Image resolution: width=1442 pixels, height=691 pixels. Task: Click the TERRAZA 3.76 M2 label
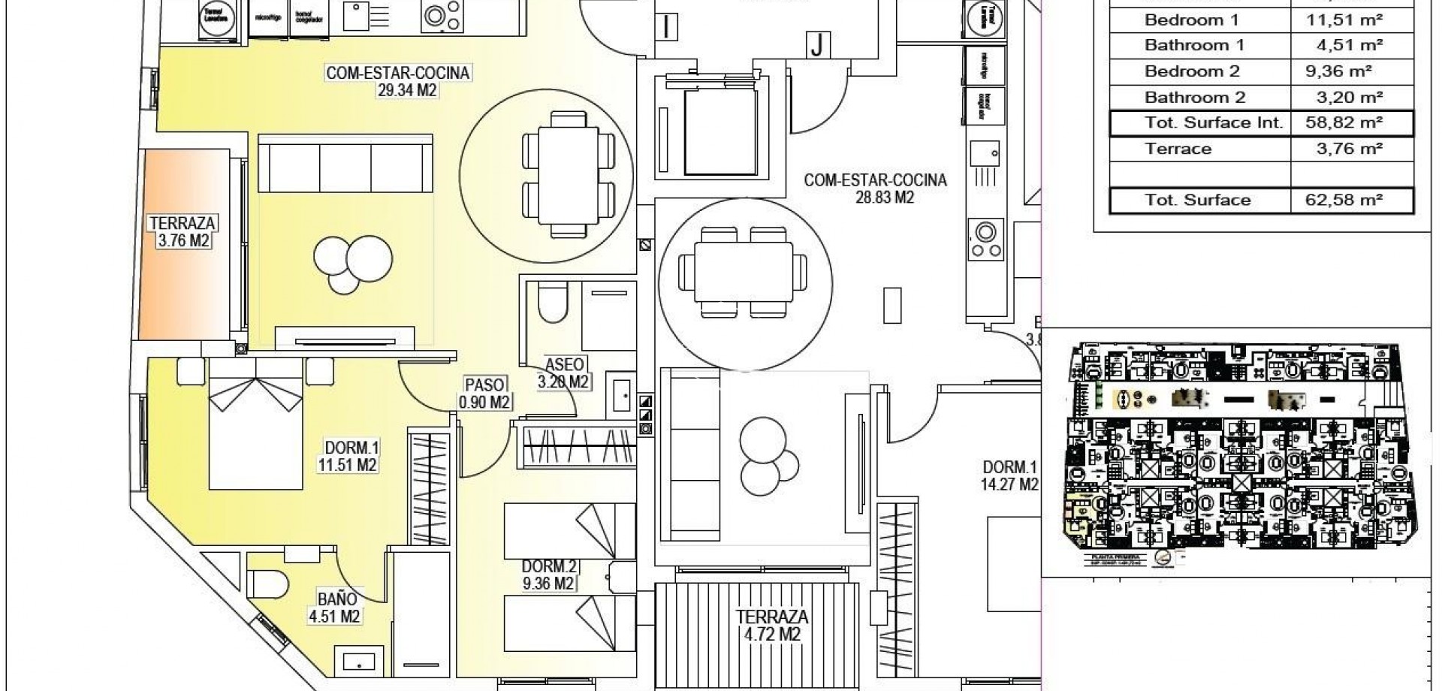coord(183,231)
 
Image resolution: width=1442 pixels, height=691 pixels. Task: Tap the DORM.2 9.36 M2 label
coord(548,575)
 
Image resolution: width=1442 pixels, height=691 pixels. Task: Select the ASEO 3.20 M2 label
coord(564,373)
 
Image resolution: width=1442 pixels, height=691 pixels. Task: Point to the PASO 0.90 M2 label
coord(484,393)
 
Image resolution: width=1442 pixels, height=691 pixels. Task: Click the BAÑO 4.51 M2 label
coord(337,608)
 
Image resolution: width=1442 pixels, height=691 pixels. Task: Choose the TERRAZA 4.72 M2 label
coord(772,626)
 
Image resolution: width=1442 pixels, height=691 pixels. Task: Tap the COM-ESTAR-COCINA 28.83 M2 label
coord(875,189)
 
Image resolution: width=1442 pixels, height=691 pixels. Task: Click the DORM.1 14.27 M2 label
coord(1010,475)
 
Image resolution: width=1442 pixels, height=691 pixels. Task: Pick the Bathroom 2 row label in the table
coord(1195,97)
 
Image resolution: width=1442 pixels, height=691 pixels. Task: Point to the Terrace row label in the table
coord(1178,149)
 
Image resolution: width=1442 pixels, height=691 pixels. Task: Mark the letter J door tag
coord(817,46)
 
